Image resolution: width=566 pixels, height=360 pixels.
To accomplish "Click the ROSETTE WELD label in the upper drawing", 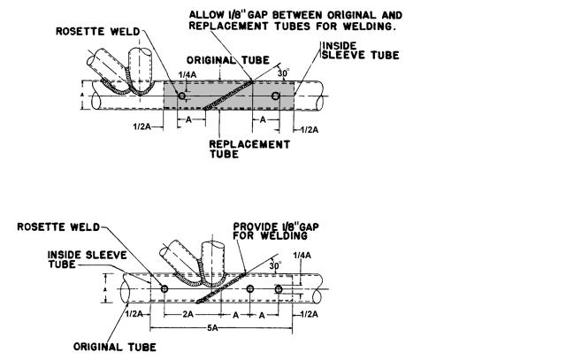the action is click(x=98, y=32).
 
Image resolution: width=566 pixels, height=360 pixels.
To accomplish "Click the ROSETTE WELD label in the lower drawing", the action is click(x=58, y=227).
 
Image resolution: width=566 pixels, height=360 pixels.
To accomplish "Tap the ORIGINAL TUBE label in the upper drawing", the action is click(x=228, y=60).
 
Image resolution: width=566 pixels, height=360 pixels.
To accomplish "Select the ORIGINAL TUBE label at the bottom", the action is click(x=115, y=347).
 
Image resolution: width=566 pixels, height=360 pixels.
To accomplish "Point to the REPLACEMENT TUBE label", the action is click(x=249, y=149).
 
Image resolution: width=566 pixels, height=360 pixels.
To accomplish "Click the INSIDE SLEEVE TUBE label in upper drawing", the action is click(x=361, y=50).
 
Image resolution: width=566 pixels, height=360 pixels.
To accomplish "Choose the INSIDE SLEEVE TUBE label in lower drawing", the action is click(x=88, y=260).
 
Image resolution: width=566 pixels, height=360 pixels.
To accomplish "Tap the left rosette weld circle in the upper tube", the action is click(x=182, y=96).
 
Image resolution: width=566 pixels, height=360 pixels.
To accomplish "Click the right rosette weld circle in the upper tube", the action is click(x=275, y=96).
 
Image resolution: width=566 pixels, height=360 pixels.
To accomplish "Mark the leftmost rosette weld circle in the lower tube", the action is click(x=164, y=289).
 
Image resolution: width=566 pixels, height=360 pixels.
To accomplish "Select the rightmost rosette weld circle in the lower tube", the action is click(x=279, y=289).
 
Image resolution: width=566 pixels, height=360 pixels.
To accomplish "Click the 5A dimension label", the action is click(x=212, y=328).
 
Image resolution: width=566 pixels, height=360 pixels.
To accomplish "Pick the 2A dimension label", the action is click(x=187, y=315).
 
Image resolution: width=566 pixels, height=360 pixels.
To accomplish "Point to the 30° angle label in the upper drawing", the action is click(x=283, y=73).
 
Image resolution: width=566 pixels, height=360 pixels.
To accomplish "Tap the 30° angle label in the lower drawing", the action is click(x=275, y=266).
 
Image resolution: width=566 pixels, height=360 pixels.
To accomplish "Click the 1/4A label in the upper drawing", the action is click(x=187, y=75).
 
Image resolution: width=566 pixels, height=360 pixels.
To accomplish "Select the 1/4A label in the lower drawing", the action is click(x=302, y=256).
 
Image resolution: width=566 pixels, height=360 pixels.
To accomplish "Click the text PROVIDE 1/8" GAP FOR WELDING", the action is click(x=276, y=232).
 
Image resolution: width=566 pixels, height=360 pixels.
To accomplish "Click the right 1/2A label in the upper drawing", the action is click(x=310, y=130).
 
